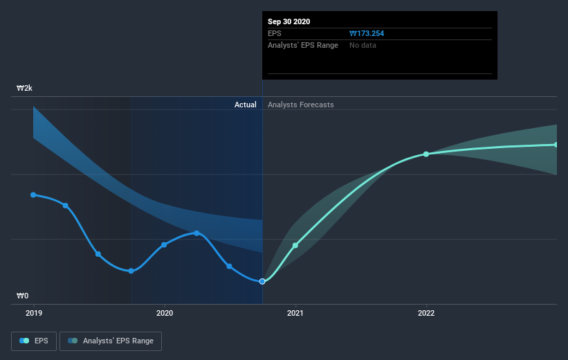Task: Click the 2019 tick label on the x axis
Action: [33, 313]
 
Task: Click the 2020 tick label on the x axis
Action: [165, 313]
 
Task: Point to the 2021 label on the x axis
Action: [295, 313]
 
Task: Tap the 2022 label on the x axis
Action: [426, 313]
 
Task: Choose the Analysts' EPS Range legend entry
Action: [111, 341]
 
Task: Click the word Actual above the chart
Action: [245, 105]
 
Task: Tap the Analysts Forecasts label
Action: [301, 105]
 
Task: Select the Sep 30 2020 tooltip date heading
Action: [289, 21]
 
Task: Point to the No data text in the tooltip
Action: [363, 45]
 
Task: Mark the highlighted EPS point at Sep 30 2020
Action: [262, 281]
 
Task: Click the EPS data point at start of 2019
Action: [33, 195]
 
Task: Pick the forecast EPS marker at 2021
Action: [295, 245]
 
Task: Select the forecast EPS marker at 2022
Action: [426, 154]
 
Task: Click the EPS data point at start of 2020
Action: [164, 244]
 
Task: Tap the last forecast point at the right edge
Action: [556, 145]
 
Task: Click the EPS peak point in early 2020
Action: [196, 233]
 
